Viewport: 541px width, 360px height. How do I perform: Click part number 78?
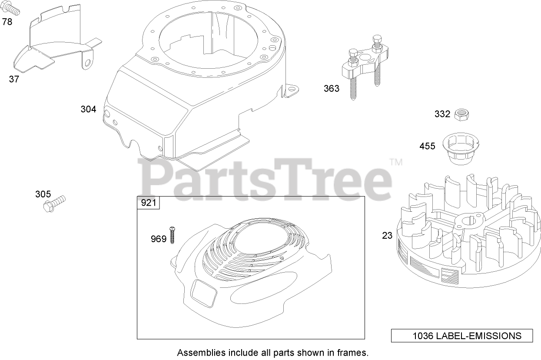click(7, 21)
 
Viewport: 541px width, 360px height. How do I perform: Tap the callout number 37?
click(14, 80)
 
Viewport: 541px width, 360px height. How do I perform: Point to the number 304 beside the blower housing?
click(88, 109)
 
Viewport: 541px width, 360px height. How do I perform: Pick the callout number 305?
click(43, 194)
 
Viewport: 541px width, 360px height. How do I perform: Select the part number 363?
click(331, 89)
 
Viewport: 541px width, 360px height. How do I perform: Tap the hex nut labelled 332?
click(459, 115)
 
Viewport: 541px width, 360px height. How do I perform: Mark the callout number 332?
click(442, 114)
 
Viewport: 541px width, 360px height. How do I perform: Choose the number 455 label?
click(427, 146)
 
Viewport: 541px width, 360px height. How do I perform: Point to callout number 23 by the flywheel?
click(387, 236)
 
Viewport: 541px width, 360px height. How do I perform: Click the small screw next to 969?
click(173, 234)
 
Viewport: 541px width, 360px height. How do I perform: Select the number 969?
click(159, 239)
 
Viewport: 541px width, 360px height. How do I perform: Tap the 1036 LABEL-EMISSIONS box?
click(462, 336)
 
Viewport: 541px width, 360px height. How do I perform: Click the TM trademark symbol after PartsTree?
click(396, 163)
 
